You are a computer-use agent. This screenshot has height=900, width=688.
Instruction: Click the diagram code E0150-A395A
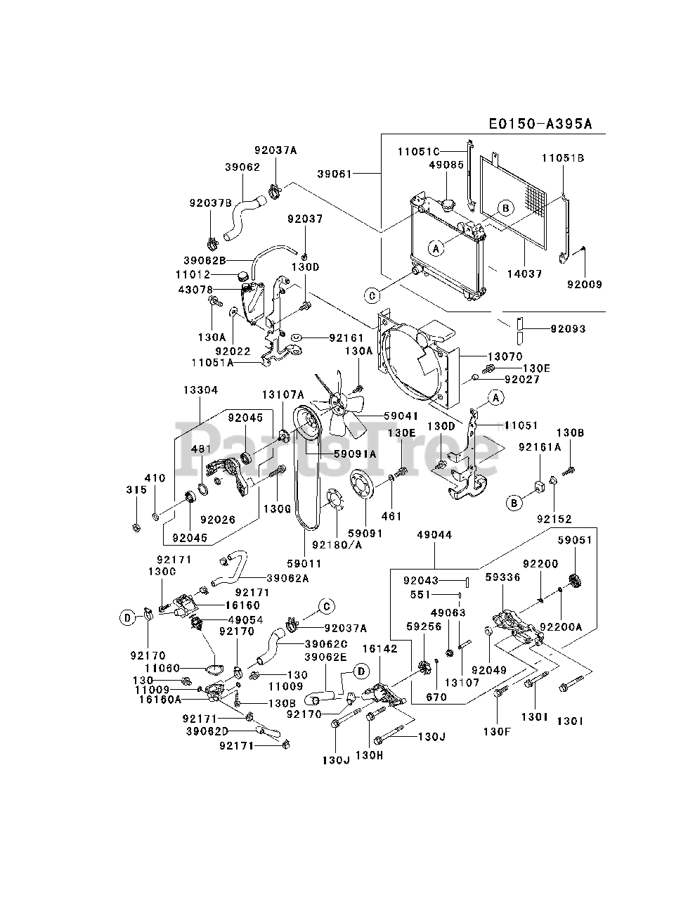point(540,124)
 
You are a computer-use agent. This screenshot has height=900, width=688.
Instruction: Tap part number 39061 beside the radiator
point(335,174)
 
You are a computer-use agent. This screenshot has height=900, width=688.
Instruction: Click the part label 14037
point(524,274)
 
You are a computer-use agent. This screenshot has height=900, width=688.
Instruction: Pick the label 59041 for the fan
point(401,416)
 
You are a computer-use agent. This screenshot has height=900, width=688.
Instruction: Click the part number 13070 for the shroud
point(505,356)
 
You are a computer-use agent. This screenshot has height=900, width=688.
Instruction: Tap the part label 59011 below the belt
point(304,563)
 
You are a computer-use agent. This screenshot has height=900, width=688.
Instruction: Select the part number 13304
point(200,390)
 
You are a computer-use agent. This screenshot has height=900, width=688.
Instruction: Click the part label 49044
point(434,534)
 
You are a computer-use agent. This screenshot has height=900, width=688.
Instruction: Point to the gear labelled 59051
point(576,581)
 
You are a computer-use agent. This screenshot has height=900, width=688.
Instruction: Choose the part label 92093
point(568,328)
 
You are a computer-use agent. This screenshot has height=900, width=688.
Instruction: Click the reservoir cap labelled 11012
point(243,276)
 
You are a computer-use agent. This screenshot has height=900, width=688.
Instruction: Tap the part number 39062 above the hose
point(242,167)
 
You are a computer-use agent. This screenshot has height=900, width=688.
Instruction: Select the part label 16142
point(380,648)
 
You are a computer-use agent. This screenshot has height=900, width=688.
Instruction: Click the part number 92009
point(585,284)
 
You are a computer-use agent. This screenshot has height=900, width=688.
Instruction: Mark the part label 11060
point(162,668)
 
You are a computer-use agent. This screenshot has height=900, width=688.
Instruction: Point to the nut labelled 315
point(137,527)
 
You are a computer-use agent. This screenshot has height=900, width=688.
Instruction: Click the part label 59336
point(502,577)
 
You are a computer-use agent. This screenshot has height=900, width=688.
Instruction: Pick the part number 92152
point(554,519)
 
